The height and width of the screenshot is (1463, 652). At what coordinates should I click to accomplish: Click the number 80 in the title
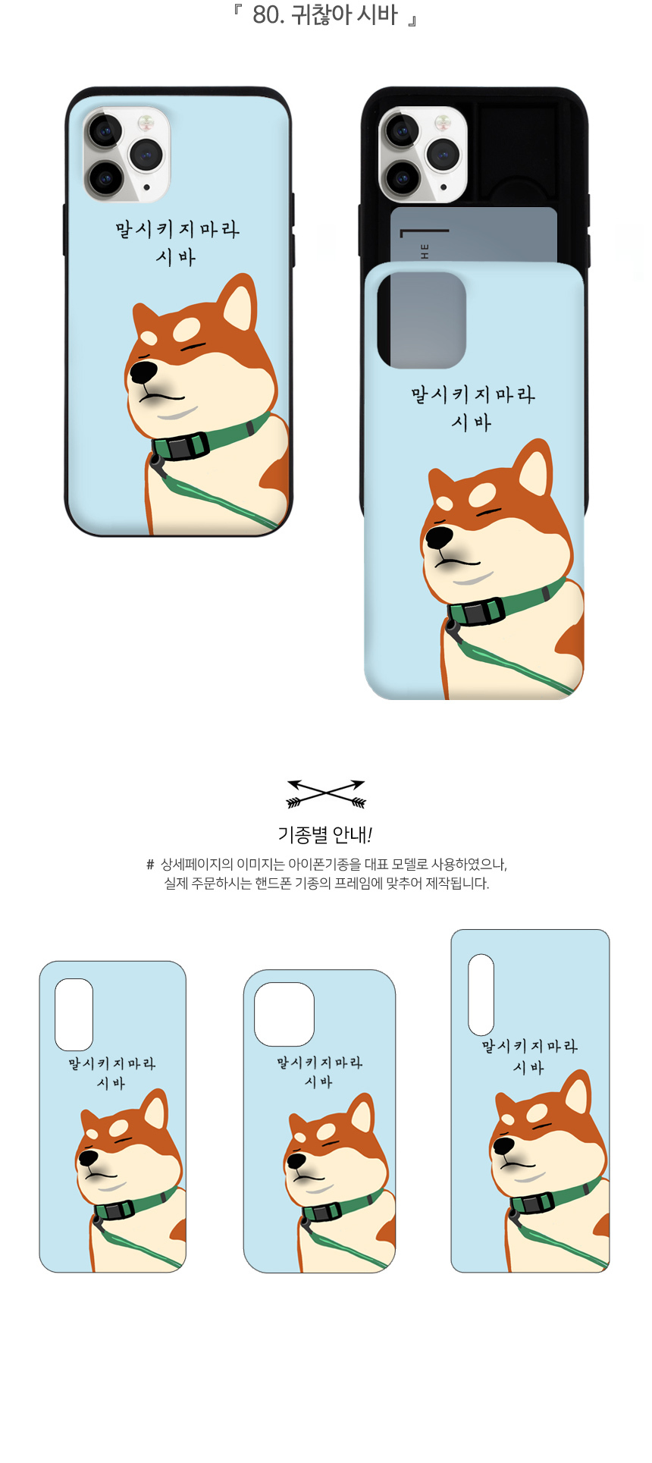pos(266,14)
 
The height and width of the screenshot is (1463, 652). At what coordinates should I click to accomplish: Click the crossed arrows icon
pos(326,794)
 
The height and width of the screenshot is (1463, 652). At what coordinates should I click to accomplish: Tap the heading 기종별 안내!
pos(325,835)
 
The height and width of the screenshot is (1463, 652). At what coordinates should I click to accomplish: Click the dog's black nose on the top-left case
pos(143,372)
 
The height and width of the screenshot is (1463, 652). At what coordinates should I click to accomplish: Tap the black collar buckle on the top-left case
pos(180,446)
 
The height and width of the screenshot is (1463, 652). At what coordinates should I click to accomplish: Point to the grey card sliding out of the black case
pos(474,235)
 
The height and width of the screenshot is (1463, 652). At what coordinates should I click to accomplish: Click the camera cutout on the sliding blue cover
pos(422,320)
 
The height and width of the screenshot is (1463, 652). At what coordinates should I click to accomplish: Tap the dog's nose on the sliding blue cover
pos(438,537)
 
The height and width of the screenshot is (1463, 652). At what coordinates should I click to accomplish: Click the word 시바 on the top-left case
pos(176,258)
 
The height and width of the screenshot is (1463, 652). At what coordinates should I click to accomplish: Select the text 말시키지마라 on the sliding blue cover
pos(473,394)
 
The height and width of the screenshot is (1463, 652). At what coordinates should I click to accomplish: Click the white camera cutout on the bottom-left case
pos(74,1015)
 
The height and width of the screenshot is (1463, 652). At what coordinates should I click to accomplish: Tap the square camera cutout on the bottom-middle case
pos(284,1015)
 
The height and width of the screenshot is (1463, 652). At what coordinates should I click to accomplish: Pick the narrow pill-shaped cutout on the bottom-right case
pos(481,994)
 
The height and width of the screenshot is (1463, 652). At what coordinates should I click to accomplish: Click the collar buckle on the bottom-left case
pos(114,1209)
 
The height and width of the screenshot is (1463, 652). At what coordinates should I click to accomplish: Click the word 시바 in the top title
pos(377,14)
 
